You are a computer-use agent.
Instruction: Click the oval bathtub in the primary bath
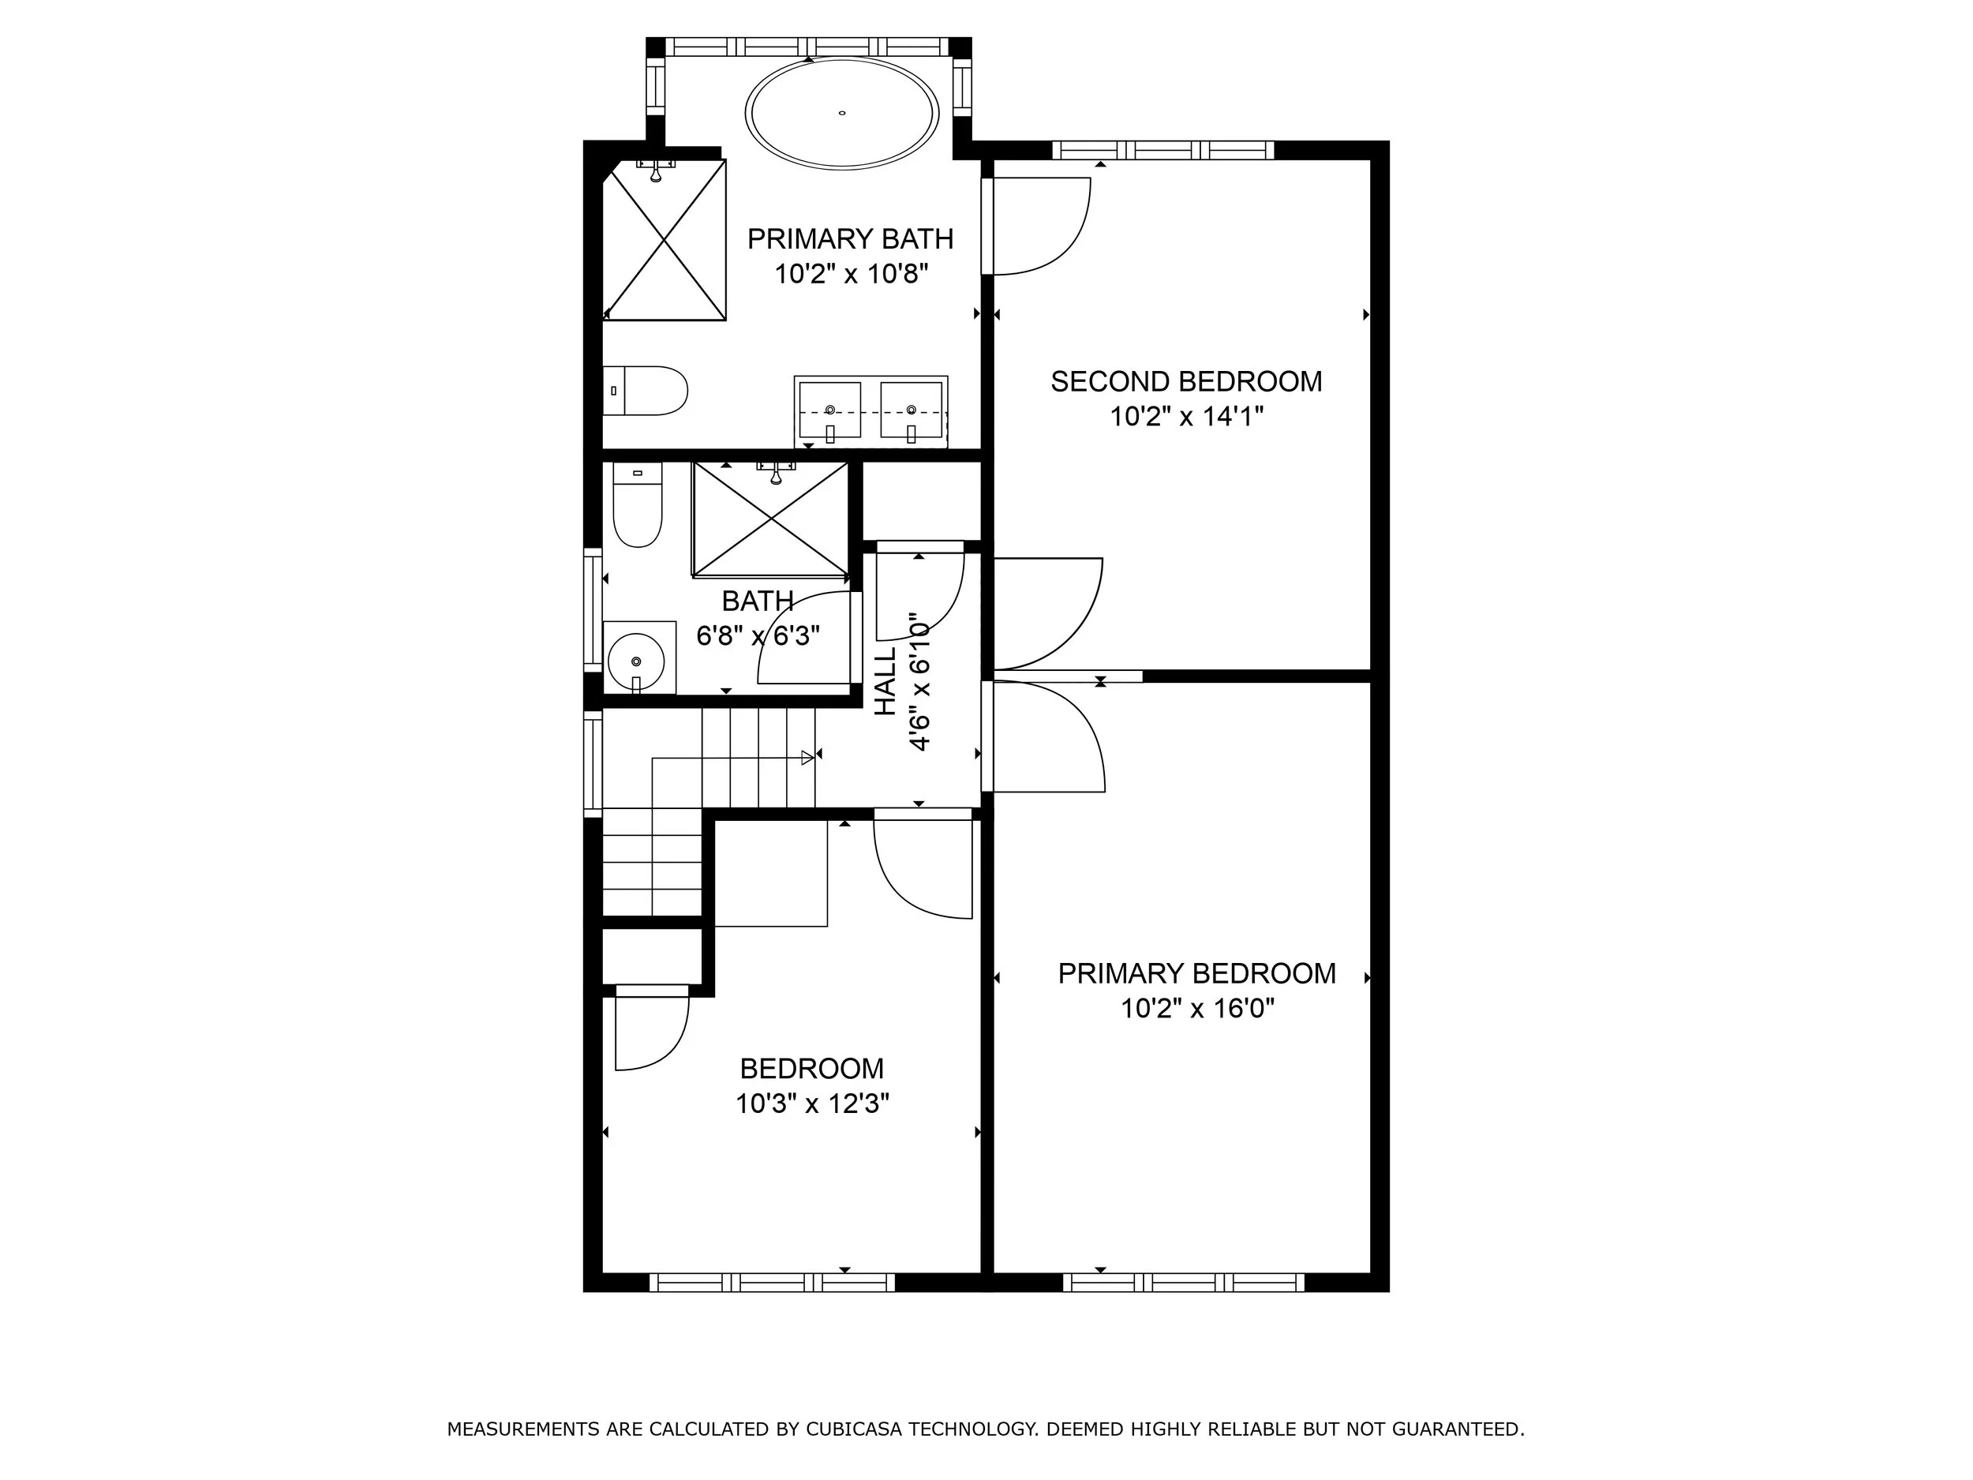pyautogui.click(x=841, y=114)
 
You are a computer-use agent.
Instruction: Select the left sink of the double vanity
pyautogui.click(x=829, y=410)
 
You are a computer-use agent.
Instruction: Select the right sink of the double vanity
pyautogui.click(x=911, y=410)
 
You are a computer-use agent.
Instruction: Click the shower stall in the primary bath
pyautogui.click(x=665, y=239)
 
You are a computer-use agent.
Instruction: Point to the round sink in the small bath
pyautogui.click(x=636, y=661)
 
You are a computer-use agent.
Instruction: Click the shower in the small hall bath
pyautogui.click(x=770, y=520)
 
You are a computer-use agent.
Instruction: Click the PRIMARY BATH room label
pyautogui.click(x=850, y=239)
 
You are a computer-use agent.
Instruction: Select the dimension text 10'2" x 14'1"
pyautogui.click(x=1186, y=417)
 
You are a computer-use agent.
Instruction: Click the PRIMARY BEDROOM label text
pyautogui.click(x=1196, y=973)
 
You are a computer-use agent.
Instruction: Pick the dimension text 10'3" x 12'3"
pyautogui.click(x=811, y=1104)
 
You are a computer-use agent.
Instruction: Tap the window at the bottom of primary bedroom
pyautogui.click(x=1184, y=1283)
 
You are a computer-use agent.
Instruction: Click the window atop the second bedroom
pyautogui.click(x=1162, y=150)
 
